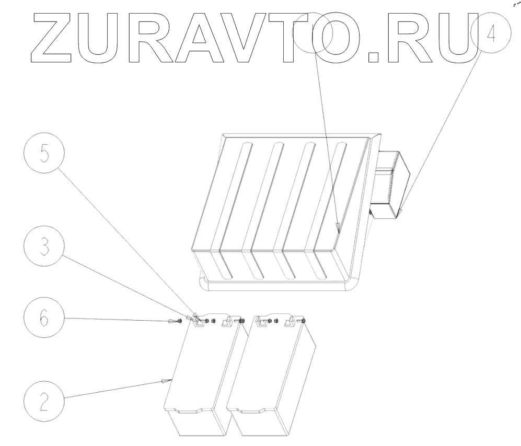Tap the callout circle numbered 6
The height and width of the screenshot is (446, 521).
[x=44, y=318]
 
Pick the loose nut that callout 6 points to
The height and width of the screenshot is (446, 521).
[x=180, y=320]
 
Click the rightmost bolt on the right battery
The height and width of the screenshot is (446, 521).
[x=303, y=321]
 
